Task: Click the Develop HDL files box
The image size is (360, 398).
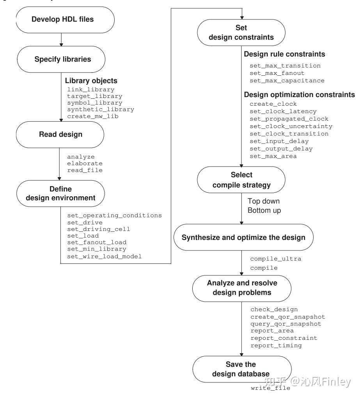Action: [x=65, y=20]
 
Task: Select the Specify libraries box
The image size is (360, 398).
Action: [x=61, y=59]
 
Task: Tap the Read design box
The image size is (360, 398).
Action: [x=60, y=135]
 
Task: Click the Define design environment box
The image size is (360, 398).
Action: [x=60, y=194]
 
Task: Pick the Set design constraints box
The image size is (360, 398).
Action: [x=241, y=32]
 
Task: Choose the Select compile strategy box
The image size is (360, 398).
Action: [x=241, y=180]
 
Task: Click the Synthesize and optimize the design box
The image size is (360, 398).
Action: [x=243, y=237]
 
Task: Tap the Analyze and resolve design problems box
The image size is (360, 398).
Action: [x=242, y=288]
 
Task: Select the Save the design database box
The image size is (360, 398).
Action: [x=242, y=369]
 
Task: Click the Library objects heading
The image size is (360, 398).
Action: [x=91, y=81]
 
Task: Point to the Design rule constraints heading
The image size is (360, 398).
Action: [x=284, y=54]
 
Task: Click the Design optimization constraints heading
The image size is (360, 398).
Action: [x=300, y=95]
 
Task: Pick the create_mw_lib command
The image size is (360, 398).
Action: [x=93, y=116]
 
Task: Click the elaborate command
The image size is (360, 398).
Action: [x=85, y=163]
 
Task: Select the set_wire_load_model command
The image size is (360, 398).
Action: [x=104, y=256]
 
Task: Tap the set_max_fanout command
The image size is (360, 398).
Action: [x=277, y=73]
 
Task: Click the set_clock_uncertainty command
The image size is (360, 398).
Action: [x=291, y=126]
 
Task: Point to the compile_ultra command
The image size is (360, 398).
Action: [x=275, y=259]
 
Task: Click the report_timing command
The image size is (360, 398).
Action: [x=276, y=345]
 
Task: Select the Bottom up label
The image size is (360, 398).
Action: [x=264, y=210]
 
